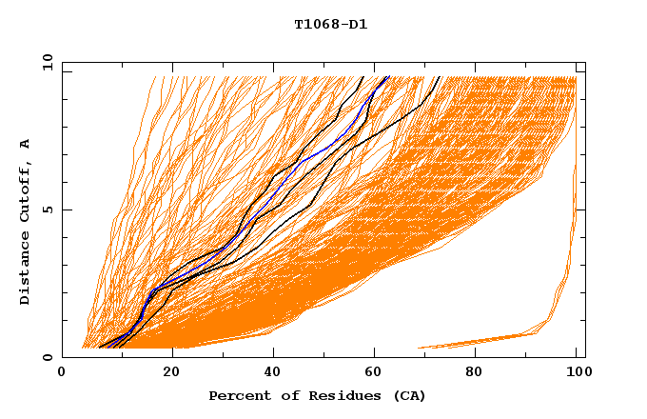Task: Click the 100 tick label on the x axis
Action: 576,373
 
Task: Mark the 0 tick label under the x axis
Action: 62,373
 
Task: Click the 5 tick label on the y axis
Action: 46,209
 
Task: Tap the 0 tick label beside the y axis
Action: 46,357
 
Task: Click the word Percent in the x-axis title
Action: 238,395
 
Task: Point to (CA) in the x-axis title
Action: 408,395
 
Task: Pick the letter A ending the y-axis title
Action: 26,144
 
